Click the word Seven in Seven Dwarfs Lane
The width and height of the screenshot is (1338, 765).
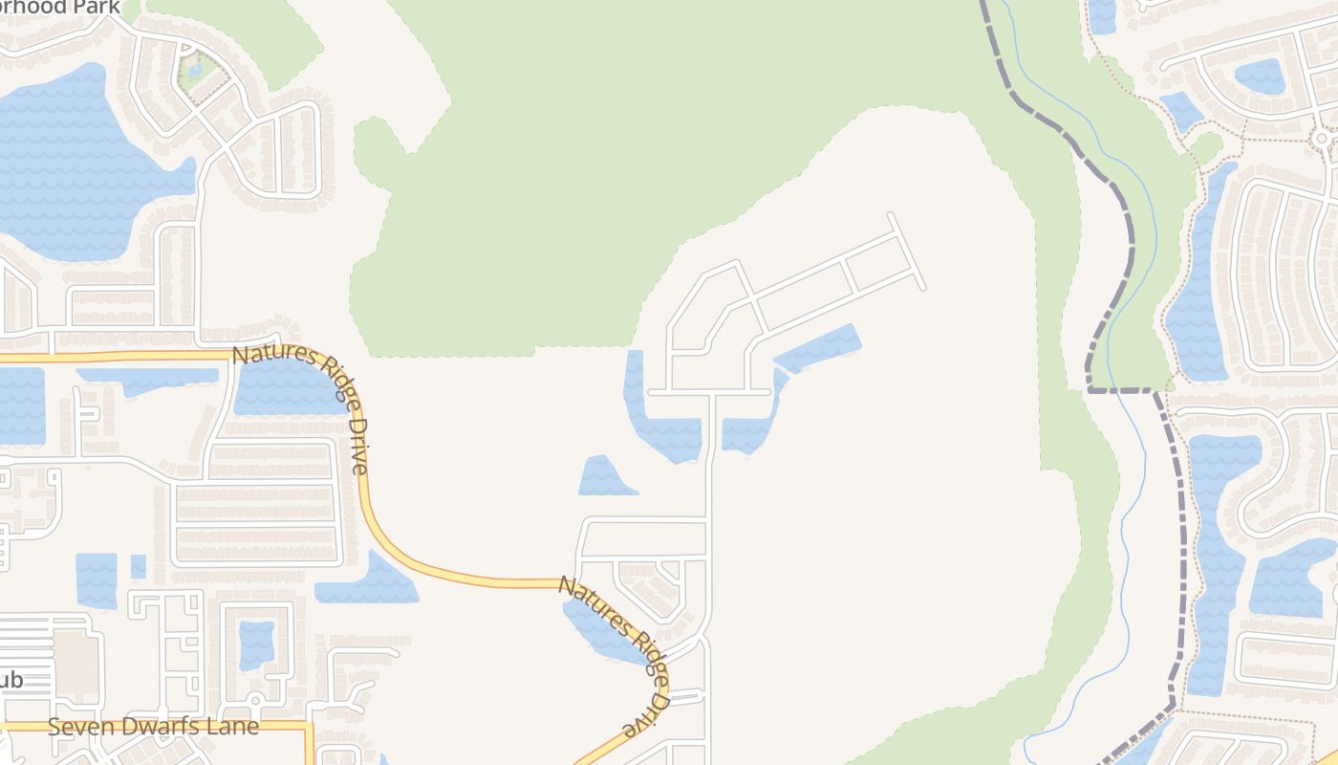(x=79, y=727)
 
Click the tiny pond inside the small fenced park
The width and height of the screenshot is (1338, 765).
(x=196, y=70)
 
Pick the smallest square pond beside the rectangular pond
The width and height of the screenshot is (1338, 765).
(x=139, y=566)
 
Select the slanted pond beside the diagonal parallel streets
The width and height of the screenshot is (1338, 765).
(x=818, y=348)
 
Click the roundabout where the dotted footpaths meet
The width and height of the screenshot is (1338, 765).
(x=1322, y=139)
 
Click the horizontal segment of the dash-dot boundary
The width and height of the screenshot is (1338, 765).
(x=1123, y=390)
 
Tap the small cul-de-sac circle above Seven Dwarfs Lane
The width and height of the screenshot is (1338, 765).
(x=255, y=701)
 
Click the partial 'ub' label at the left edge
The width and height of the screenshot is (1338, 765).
(x=11, y=681)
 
